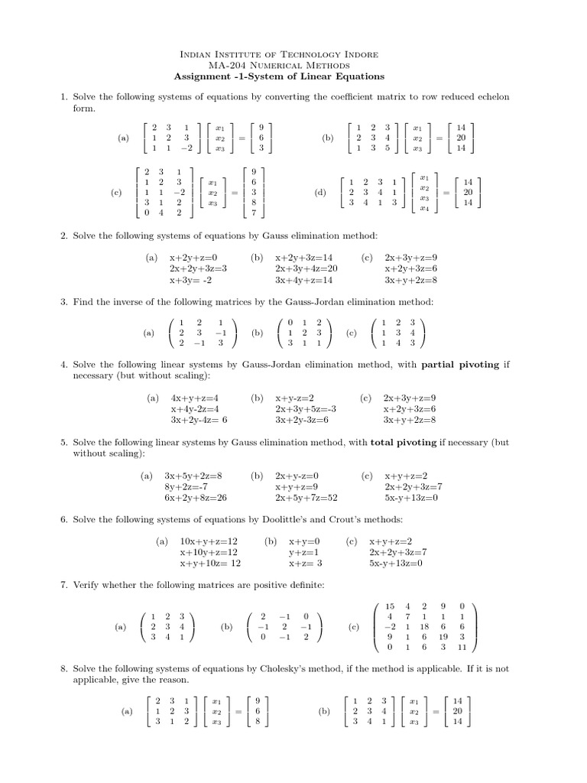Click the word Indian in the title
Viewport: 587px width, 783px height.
(194, 54)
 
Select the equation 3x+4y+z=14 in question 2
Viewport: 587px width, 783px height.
(306, 280)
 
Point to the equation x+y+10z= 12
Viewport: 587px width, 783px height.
(210, 564)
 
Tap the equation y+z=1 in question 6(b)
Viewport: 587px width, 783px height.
(303, 552)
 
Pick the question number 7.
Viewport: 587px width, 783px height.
(63, 585)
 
